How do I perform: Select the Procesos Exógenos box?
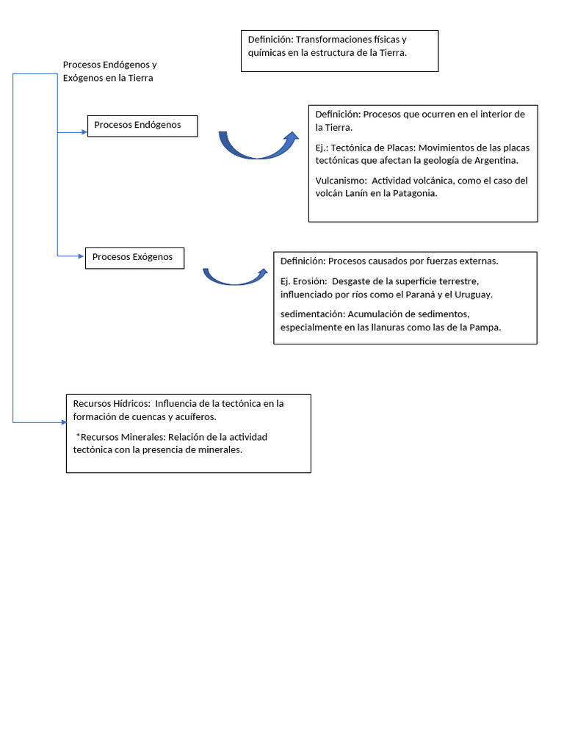click(134, 258)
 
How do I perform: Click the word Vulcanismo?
click(341, 181)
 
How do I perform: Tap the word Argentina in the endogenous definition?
click(493, 160)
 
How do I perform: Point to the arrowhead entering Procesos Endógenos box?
click(83, 132)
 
